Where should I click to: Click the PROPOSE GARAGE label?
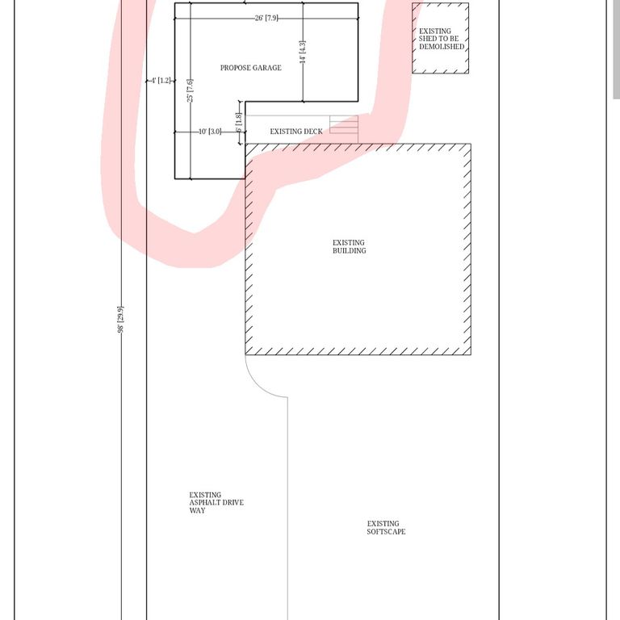(251, 68)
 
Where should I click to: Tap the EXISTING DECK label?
(296, 132)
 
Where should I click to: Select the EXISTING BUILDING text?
(349, 247)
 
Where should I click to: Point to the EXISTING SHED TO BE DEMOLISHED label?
(442, 39)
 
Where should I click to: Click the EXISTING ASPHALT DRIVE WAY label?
(216, 503)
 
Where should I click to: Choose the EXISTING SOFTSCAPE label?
(386, 528)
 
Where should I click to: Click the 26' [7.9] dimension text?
(266, 19)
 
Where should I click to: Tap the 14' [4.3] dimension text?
(303, 52)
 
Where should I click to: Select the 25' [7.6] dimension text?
(191, 90)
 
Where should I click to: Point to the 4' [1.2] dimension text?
(161, 81)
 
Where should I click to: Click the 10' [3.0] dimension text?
(210, 132)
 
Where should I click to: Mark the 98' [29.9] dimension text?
(120, 320)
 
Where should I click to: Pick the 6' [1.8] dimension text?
(239, 123)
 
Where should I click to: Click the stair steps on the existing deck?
(344, 124)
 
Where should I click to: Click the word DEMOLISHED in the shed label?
(442, 47)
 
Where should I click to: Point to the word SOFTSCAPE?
(386, 532)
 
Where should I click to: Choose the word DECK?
(313, 132)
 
